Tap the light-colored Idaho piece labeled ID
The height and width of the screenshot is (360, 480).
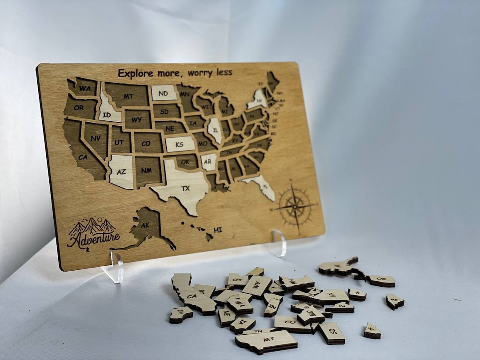click(x=108, y=111)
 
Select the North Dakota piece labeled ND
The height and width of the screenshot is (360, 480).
click(x=164, y=93)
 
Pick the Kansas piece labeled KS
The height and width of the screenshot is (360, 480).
click(x=180, y=144)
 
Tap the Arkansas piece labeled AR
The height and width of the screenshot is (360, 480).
click(x=208, y=162)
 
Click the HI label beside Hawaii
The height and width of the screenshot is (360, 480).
click(x=218, y=230)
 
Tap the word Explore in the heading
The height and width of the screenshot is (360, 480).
click(x=135, y=73)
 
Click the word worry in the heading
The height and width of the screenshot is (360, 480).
click(x=199, y=73)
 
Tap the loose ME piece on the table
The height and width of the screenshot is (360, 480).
click(x=395, y=301)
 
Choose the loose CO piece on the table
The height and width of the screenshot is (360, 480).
click(x=292, y=323)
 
